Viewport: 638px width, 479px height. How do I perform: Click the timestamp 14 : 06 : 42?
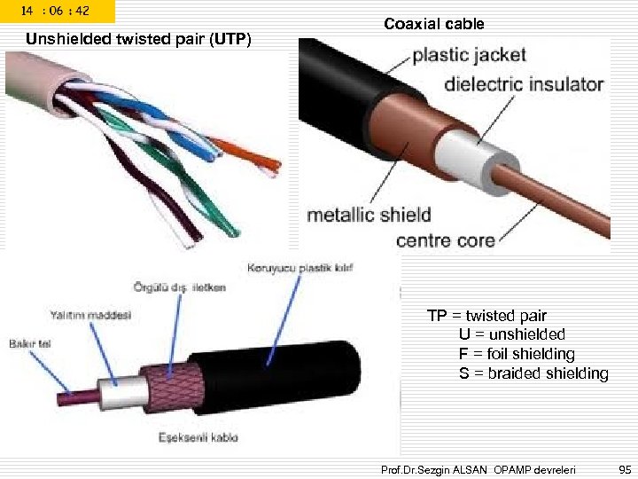point(56,11)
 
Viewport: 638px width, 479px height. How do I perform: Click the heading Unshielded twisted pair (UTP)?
point(139,39)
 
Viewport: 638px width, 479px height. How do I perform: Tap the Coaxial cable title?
point(434,24)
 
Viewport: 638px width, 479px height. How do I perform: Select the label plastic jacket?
point(469,55)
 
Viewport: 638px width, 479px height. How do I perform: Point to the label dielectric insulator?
point(524,85)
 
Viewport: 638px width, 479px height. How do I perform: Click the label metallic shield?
point(369,215)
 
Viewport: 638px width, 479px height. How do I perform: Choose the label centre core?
point(446,240)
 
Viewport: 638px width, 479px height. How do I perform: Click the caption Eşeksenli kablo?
point(198,436)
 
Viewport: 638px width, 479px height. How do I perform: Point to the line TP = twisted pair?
point(486,316)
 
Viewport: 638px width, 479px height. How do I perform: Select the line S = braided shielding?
point(533,373)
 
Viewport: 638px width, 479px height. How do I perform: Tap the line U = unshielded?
point(511,334)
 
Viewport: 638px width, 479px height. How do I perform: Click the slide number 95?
point(624,467)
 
